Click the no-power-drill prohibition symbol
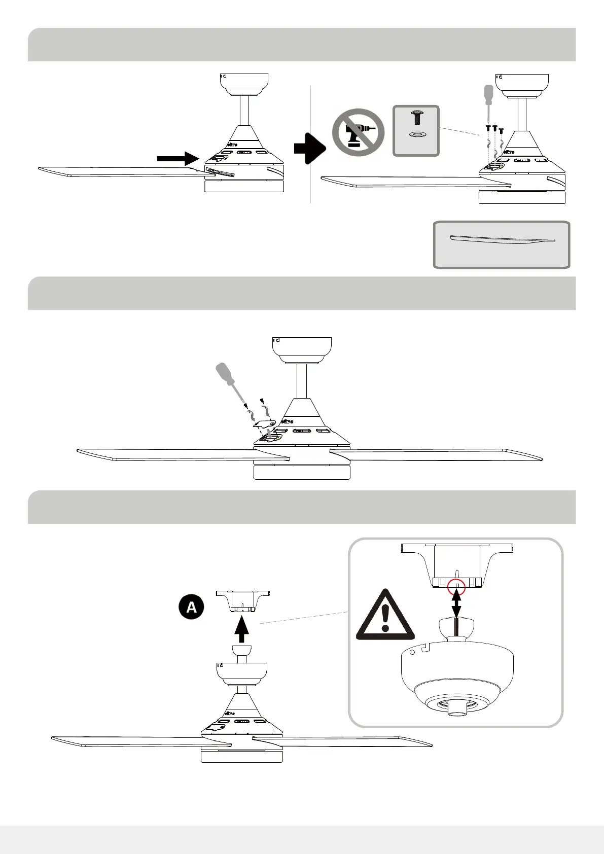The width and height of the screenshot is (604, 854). click(358, 132)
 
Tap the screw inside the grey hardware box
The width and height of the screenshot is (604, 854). click(417, 118)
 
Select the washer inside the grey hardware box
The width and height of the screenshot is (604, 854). click(417, 135)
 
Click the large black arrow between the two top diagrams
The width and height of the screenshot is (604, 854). click(309, 148)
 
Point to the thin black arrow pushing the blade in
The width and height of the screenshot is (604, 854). click(177, 159)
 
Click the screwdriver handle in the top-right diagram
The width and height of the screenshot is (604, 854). click(489, 94)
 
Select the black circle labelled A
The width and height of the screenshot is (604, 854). click(191, 607)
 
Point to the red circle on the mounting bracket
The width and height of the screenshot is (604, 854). click(457, 586)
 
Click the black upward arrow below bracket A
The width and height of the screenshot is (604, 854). click(242, 629)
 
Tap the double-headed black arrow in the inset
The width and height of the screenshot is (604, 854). click(456, 604)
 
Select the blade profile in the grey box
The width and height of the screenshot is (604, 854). click(502, 239)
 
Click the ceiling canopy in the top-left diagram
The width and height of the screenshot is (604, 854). click(244, 84)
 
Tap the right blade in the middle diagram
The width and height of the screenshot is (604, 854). click(436, 454)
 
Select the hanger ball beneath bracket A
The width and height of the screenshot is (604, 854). click(242, 651)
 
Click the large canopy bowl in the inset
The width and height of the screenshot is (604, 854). click(457, 669)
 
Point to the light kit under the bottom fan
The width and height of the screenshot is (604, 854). click(242, 757)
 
